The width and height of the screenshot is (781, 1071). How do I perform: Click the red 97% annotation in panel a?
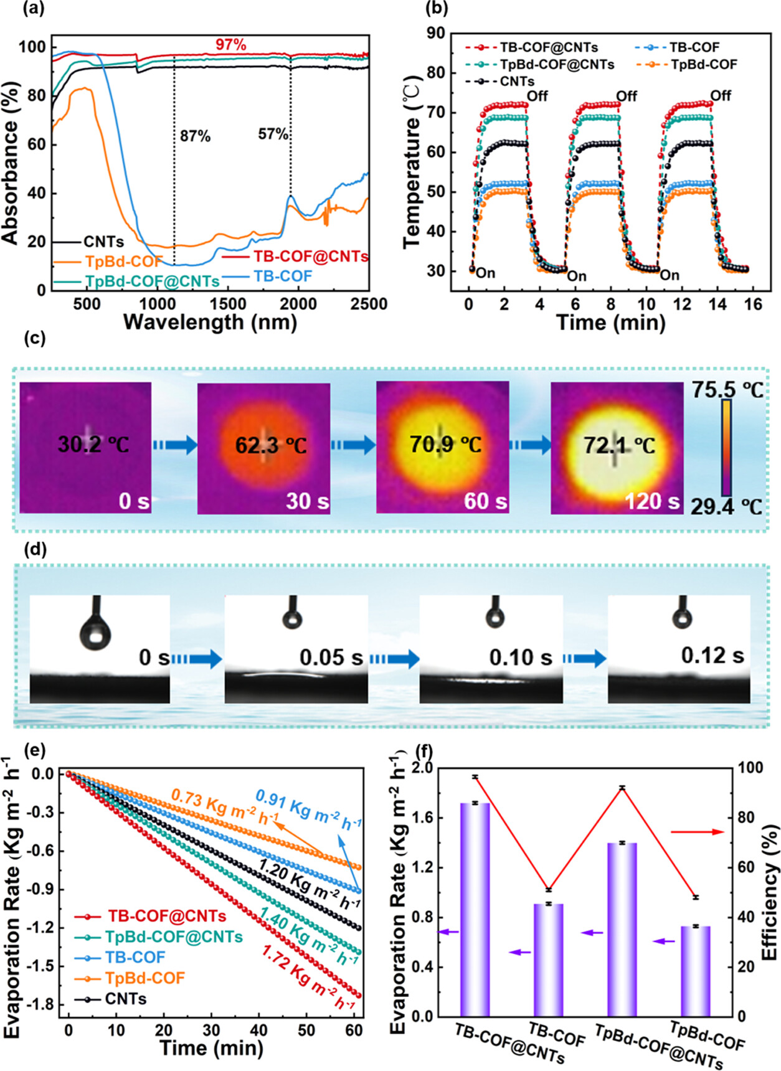click(x=231, y=45)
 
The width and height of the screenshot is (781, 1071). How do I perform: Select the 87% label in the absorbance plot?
click(x=195, y=136)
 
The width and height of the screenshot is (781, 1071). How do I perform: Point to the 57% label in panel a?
click(x=273, y=134)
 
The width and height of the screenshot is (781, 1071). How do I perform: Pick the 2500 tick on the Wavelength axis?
click(x=369, y=304)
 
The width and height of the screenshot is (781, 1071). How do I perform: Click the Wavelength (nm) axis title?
click(x=210, y=323)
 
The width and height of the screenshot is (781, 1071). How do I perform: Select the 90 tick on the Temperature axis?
click(x=436, y=33)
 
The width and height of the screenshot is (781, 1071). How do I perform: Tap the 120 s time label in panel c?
click(x=652, y=501)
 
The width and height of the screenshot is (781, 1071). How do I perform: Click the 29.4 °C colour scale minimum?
click(x=726, y=507)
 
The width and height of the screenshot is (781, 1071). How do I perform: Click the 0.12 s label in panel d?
click(x=712, y=655)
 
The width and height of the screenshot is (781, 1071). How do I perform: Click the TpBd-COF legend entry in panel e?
click(x=144, y=978)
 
